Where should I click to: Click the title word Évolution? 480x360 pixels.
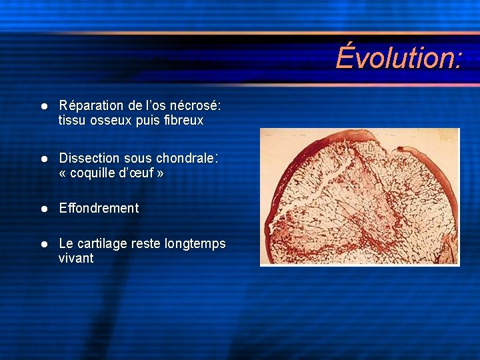click(397, 57)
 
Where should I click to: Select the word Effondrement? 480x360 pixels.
click(99, 208)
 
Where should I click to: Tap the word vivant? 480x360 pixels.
click(76, 258)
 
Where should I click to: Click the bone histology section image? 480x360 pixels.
click(359, 197)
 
